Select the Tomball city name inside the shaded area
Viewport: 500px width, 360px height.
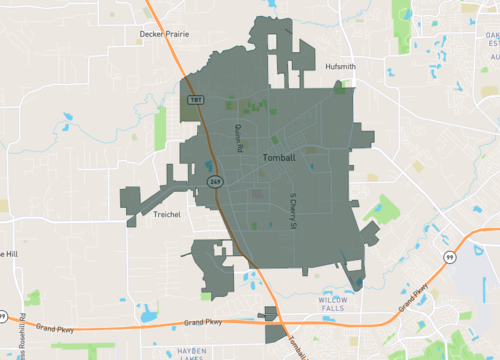coord(278,158)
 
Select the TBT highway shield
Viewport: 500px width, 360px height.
coord(196,101)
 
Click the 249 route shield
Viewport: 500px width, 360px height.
coord(215,180)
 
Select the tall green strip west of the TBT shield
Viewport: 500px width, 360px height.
coord(160,128)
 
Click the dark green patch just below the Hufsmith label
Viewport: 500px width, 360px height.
coord(340,87)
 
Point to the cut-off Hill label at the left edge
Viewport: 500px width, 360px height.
coord(8,254)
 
